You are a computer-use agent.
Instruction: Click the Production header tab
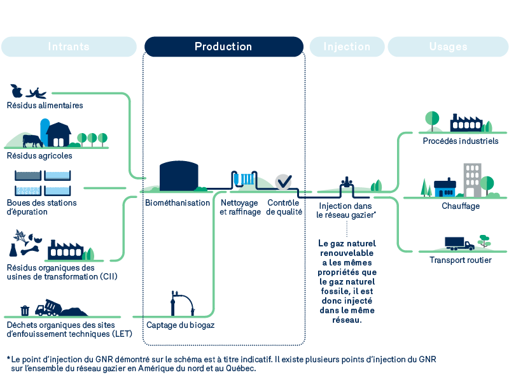(223, 46)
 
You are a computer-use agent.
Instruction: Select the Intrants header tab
(69, 46)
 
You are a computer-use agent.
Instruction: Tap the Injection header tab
(347, 46)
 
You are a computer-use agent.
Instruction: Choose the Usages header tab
(448, 46)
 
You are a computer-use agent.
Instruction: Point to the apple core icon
(17, 90)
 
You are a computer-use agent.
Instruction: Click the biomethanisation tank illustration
(178, 175)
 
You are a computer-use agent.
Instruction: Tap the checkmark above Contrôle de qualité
(283, 181)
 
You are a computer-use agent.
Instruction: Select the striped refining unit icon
(242, 179)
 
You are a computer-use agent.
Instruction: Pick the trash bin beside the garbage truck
(25, 310)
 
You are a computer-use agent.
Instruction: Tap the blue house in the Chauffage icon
(445, 188)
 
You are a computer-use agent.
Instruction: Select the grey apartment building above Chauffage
(472, 179)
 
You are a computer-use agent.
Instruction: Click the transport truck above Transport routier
(459, 243)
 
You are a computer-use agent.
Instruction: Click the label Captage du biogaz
(180, 325)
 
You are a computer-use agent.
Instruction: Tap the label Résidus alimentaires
(45, 105)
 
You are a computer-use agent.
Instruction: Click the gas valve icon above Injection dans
(347, 183)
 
